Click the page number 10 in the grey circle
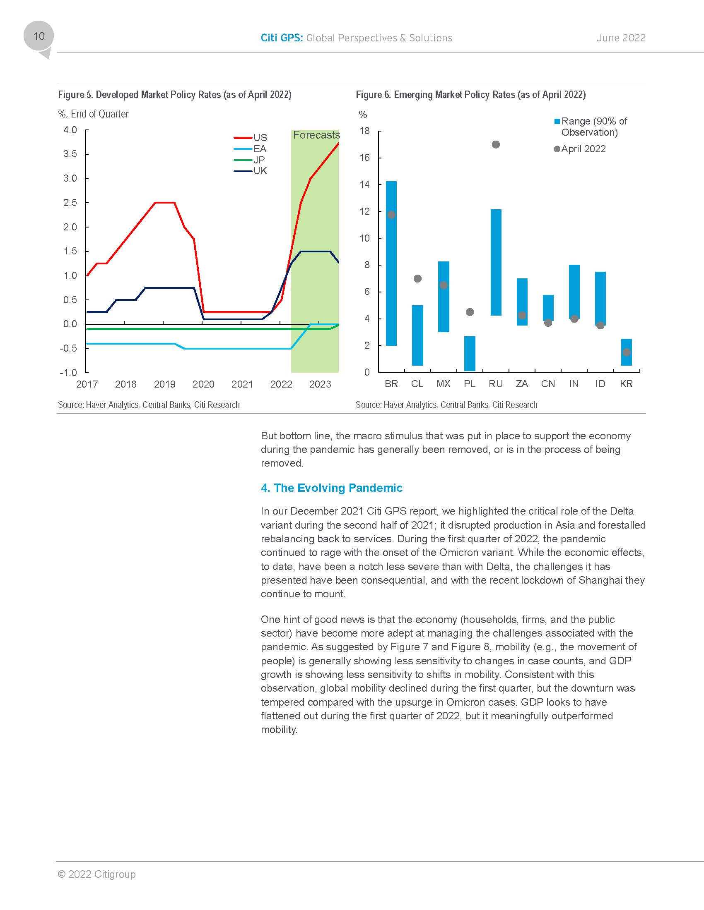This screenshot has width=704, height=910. pyautogui.click(x=39, y=36)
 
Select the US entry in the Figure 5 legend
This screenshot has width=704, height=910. pyautogui.click(x=259, y=137)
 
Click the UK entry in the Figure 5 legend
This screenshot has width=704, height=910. pyautogui.click(x=259, y=171)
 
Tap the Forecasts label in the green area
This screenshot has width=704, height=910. pyautogui.click(x=316, y=135)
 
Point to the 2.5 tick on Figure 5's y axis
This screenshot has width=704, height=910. pyautogui.click(x=70, y=203)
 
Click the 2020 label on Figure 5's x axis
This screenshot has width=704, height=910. pyautogui.click(x=203, y=384)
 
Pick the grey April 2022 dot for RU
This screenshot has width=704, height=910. pyautogui.click(x=495, y=145)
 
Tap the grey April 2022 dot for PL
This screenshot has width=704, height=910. pyautogui.click(x=470, y=312)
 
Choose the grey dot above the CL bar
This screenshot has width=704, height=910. pyautogui.click(x=417, y=279)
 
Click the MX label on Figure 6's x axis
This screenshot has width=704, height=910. pyautogui.click(x=444, y=384)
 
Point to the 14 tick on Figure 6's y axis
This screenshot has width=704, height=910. pyautogui.click(x=365, y=184)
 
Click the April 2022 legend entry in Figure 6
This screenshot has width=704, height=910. pyautogui.click(x=583, y=149)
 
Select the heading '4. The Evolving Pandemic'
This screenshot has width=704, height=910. pyautogui.click(x=332, y=488)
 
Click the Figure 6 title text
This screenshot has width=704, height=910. pyautogui.click(x=470, y=95)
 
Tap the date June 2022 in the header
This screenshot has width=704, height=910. pyautogui.click(x=621, y=38)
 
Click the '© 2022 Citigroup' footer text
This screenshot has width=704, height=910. pyautogui.click(x=97, y=874)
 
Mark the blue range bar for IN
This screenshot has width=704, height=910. pyautogui.click(x=574, y=292)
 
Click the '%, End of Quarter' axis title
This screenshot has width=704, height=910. pyautogui.click(x=94, y=114)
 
